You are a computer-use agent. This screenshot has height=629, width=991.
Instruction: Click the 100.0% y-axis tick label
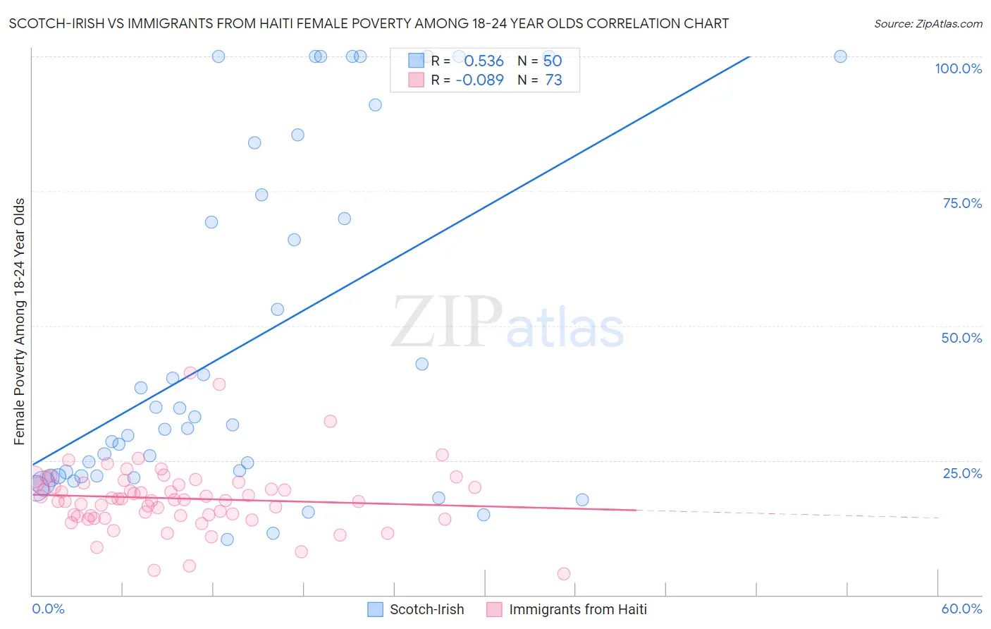pyautogui.click(x=958, y=68)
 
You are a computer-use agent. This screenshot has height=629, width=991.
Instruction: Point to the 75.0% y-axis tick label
pyautogui.click(x=962, y=203)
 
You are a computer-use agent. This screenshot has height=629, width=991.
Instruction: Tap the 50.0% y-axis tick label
pyautogui.click(x=961, y=338)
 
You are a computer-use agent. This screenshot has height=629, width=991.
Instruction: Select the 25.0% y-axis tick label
pyautogui.click(x=962, y=473)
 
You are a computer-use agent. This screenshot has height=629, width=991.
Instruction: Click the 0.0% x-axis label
pyautogui.click(x=48, y=609)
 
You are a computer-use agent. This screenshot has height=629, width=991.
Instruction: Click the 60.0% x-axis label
pyautogui.click(x=961, y=609)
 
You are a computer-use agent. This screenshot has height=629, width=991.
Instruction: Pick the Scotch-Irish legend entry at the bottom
pyautogui.click(x=416, y=609)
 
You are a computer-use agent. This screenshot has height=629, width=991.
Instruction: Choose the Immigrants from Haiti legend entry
pyautogui.click(x=567, y=609)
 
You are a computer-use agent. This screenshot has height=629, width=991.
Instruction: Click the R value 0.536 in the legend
pyautogui.click(x=484, y=61)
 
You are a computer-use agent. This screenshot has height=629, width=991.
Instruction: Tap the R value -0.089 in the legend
pyautogui.click(x=479, y=80)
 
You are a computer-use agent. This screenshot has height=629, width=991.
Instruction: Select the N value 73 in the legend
pyautogui.click(x=553, y=80)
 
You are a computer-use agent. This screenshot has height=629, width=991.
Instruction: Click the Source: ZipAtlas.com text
pyautogui.click(x=928, y=24)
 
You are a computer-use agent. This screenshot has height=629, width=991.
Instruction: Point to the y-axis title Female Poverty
pyautogui.click(x=20, y=322)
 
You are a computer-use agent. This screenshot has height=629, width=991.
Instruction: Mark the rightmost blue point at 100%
pyautogui.click(x=840, y=56)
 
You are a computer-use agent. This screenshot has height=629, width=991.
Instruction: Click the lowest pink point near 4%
pyautogui.click(x=564, y=574)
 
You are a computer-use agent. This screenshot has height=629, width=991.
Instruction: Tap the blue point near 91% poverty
pyautogui.click(x=375, y=105)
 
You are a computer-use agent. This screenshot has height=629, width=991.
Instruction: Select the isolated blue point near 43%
pyautogui.click(x=422, y=364)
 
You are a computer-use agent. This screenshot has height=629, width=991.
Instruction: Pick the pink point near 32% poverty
pyautogui.click(x=330, y=422)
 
